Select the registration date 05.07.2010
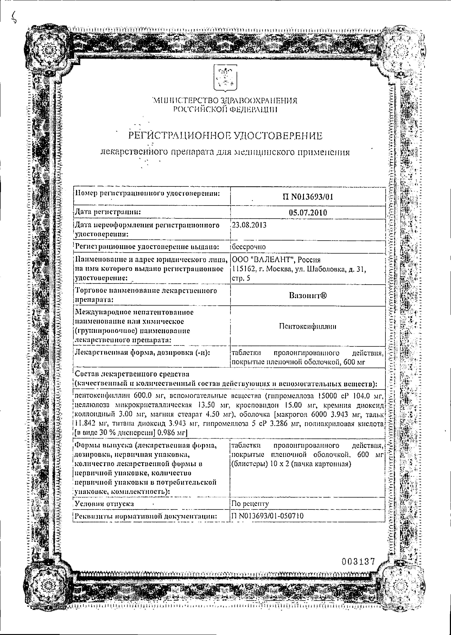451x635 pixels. point(308,213)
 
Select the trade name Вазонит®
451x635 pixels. point(308,295)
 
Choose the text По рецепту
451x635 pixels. point(250,504)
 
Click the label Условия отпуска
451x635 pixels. point(104,504)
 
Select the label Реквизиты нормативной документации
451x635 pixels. point(146,516)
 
